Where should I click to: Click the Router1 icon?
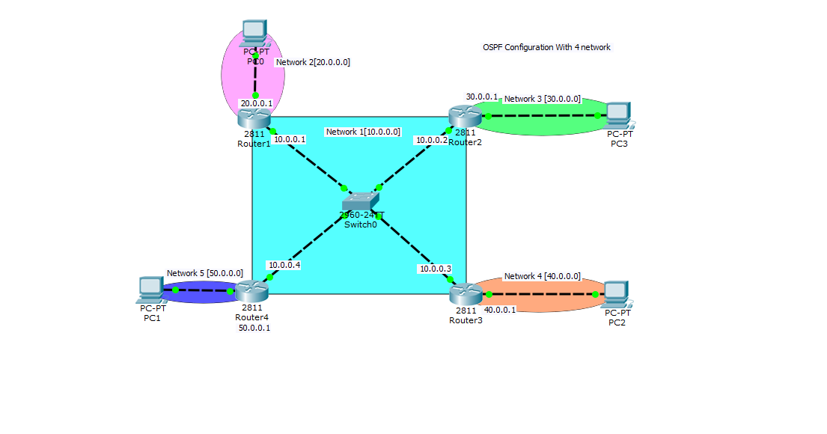[x=253, y=117]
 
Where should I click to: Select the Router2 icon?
[x=464, y=116]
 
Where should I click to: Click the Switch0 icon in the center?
[x=361, y=201]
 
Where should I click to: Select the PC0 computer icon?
[x=254, y=31]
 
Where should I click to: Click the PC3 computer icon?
[x=618, y=114]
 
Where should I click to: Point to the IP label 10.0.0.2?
[x=432, y=139]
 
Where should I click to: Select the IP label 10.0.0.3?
[x=435, y=269]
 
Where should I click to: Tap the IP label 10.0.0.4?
[x=284, y=264]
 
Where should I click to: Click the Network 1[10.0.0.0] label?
[x=363, y=132]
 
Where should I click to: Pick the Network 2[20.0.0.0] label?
[x=313, y=62]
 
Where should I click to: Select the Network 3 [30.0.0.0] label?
[x=542, y=99]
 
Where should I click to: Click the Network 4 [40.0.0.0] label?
[x=542, y=276]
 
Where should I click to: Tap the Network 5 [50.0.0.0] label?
[x=204, y=273]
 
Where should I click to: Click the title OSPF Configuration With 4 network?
[x=546, y=47]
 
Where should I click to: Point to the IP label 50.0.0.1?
[x=254, y=327]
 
